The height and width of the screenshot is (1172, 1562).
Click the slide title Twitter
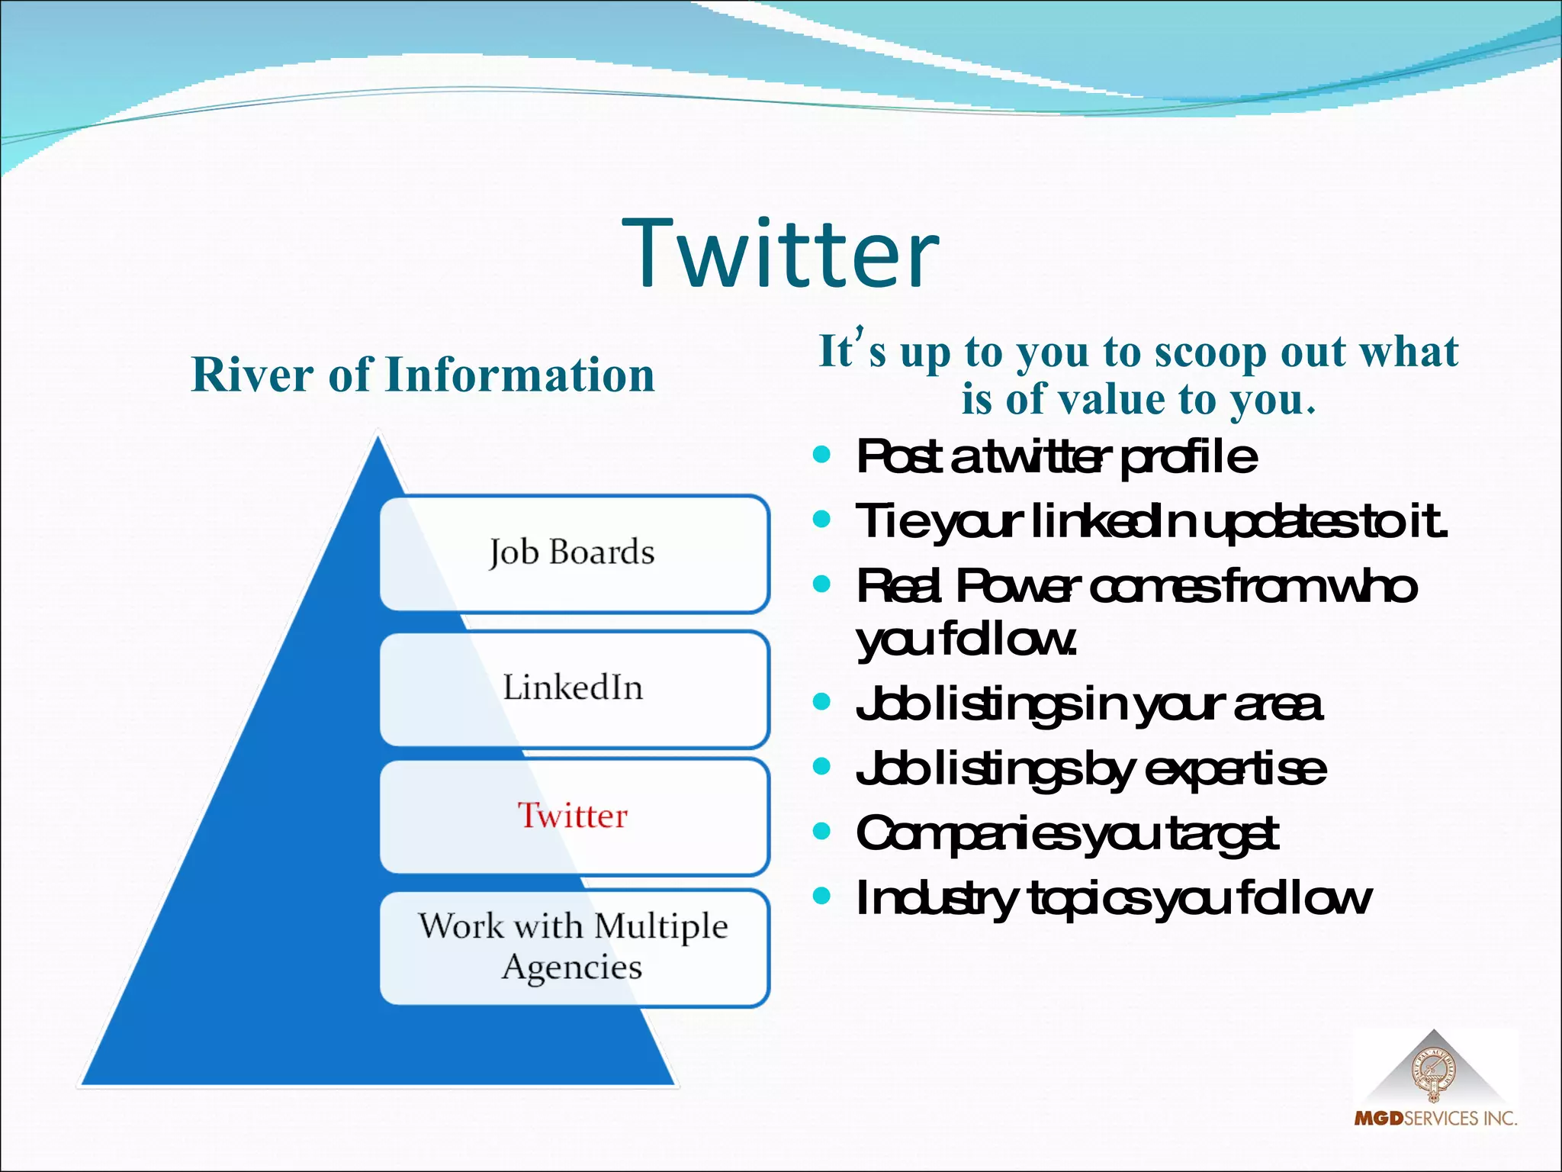click(x=781, y=253)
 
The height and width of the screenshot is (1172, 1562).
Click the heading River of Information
click(x=423, y=375)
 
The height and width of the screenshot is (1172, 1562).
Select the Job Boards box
click(x=574, y=552)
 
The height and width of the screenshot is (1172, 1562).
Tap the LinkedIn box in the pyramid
click(x=574, y=688)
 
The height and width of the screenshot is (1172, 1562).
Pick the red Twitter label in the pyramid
click(x=573, y=816)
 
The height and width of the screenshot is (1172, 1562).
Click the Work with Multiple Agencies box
click(x=574, y=946)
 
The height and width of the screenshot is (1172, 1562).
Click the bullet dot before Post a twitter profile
click(x=821, y=456)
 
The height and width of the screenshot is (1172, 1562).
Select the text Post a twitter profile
click(x=1056, y=457)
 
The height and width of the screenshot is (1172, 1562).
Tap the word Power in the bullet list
click(x=1017, y=587)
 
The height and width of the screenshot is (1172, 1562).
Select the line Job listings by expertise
click(x=1091, y=769)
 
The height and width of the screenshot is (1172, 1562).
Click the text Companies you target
click(x=1066, y=833)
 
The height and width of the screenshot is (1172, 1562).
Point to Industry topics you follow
click(x=1114, y=898)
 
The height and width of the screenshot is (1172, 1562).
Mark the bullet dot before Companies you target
click(x=821, y=831)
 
